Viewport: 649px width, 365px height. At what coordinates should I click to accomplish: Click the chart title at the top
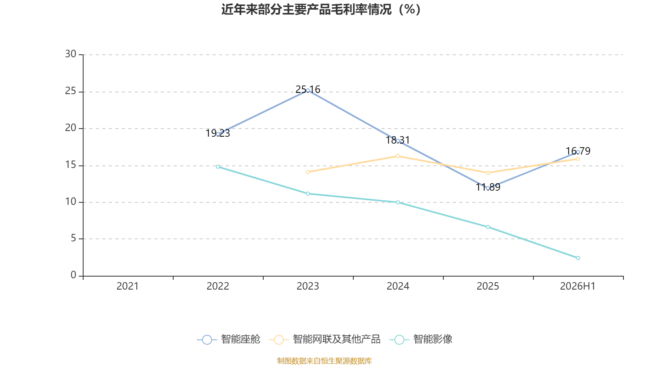click(321, 10)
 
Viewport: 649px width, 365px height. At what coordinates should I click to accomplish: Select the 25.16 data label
click(308, 89)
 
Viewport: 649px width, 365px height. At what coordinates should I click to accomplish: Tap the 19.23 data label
click(217, 133)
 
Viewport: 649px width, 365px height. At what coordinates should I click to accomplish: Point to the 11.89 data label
click(488, 187)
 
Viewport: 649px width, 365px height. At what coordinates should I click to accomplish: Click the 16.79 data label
click(578, 151)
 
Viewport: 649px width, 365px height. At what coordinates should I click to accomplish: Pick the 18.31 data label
click(398, 140)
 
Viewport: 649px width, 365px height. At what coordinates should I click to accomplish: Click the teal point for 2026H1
click(578, 258)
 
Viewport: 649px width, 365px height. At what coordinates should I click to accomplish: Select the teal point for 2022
click(218, 167)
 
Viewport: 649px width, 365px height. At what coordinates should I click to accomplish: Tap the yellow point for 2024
click(398, 156)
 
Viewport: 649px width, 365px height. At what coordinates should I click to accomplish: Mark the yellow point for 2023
click(308, 172)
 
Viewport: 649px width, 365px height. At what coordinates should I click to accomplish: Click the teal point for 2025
click(488, 227)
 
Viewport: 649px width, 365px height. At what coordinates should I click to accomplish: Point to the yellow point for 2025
click(488, 173)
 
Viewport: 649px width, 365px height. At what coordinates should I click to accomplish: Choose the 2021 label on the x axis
click(127, 286)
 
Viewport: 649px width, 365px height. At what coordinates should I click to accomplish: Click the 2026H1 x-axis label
click(578, 286)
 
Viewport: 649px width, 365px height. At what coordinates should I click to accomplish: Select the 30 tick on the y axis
click(71, 54)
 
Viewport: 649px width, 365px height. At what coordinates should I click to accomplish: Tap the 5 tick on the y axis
click(73, 238)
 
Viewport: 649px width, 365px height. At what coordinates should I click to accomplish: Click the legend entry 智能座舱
click(229, 339)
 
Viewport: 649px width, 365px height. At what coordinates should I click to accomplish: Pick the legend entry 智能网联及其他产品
click(324, 339)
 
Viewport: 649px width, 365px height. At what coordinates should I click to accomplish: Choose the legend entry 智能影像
click(421, 339)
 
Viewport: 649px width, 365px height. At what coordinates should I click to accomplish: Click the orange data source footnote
click(324, 361)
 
